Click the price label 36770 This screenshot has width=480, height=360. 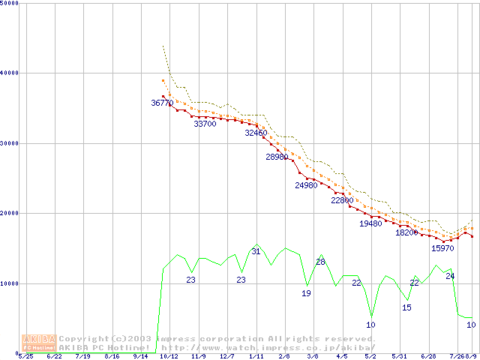162,103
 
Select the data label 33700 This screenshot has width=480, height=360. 205,124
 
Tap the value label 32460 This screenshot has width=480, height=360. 256,133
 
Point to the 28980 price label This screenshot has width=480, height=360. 277,157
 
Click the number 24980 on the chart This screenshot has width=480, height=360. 306,184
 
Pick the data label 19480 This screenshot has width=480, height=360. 370,223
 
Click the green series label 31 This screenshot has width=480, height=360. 256,251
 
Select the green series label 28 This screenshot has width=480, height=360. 320,262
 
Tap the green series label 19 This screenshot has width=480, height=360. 306,293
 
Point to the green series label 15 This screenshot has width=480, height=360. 406,307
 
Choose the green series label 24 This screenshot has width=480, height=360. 450,276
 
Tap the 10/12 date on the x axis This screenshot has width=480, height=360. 169,357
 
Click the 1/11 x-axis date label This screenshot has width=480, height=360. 256,357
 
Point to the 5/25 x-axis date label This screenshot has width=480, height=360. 26,357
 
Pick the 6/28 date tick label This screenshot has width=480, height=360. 428,357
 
